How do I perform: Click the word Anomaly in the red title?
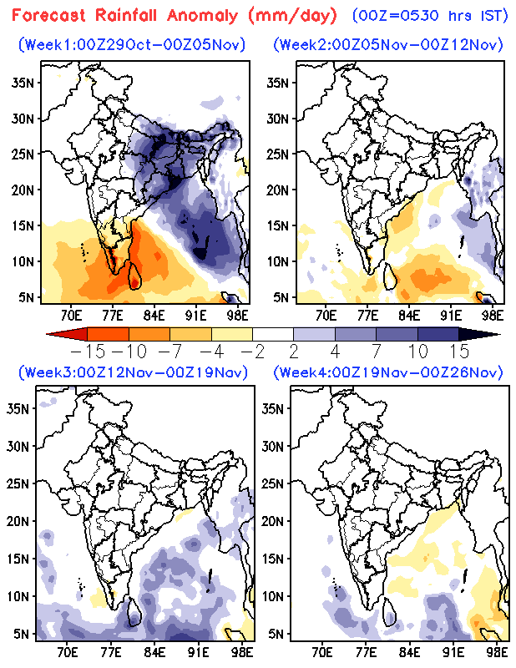point(202,16)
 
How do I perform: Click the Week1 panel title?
point(132,44)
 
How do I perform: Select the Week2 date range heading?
point(387,44)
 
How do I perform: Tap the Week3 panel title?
point(133,372)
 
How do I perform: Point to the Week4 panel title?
point(387,372)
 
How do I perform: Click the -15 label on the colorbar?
point(88,352)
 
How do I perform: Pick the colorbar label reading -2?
point(252,352)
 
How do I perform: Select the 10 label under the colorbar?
point(419,352)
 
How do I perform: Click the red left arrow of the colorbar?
point(67,334)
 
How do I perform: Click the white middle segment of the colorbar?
point(273,334)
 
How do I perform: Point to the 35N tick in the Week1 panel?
point(23,83)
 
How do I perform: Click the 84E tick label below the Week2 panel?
point(409,316)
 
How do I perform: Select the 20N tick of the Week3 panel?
point(18,521)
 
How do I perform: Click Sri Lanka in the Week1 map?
point(134,276)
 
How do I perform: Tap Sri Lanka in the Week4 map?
point(390,612)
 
